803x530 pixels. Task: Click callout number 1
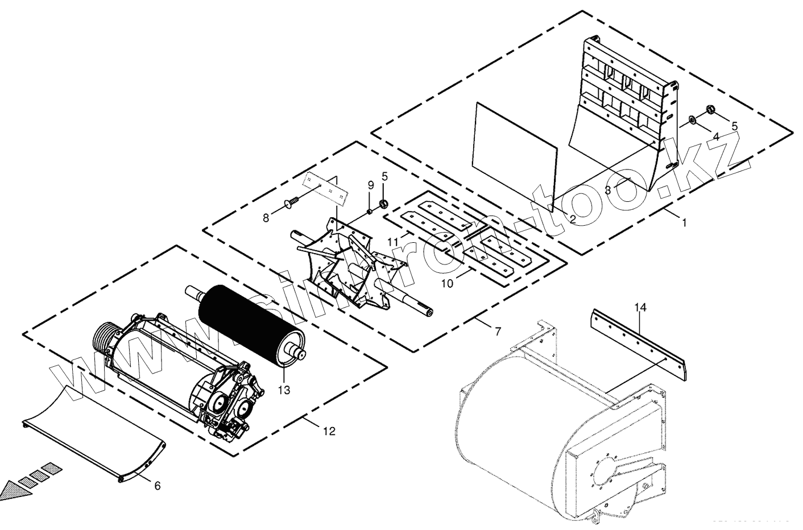tap(685, 223)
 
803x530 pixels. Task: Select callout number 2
tap(573, 218)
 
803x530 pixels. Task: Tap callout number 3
tap(609, 191)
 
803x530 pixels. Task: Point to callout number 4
tap(716, 137)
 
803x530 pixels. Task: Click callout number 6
tap(158, 486)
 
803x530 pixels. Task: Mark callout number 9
tap(370, 185)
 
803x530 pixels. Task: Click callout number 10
tap(448, 283)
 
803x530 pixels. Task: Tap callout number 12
tap(329, 432)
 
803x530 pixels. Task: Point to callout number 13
tap(284, 390)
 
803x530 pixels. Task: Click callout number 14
tap(640, 308)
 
